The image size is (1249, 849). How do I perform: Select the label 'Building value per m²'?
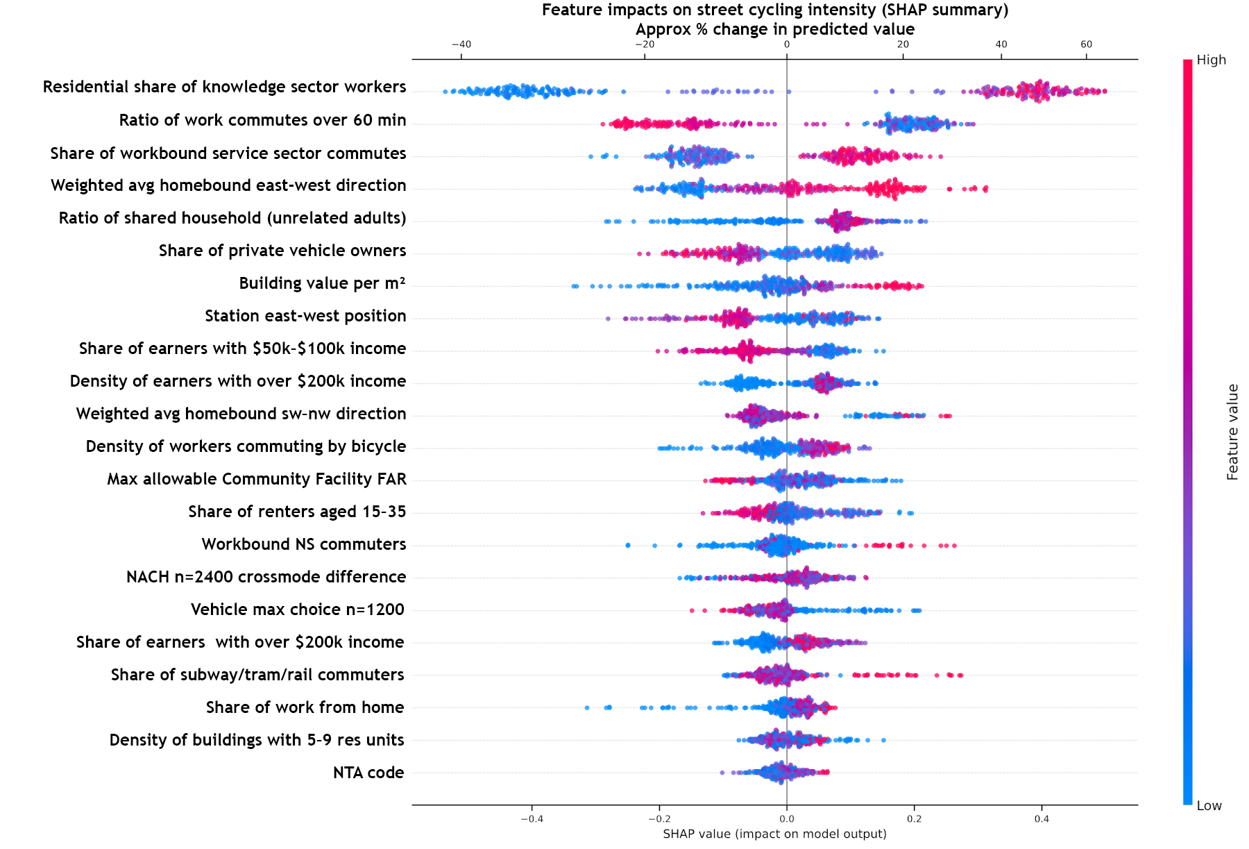pos(322,283)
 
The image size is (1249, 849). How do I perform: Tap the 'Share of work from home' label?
pos(305,707)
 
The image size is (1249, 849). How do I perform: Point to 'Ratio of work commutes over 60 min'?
pos(262,120)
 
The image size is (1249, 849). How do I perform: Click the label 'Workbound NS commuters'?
pos(304,544)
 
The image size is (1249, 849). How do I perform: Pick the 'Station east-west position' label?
pos(305,316)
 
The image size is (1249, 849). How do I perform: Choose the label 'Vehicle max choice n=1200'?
pos(297,610)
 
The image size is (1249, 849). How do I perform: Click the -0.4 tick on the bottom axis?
pos(532,818)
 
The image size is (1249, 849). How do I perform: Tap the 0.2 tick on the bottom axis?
pos(914,818)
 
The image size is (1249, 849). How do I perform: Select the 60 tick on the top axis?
pos(1086,44)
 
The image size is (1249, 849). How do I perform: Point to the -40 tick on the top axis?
pos(461,44)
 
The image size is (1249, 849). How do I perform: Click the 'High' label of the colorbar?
pos(1211,60)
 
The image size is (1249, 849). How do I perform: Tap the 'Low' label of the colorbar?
pos(1209,806)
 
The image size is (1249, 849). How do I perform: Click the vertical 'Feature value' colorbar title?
pos(1232,432)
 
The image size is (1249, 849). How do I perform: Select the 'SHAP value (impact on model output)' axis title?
pos(774,834)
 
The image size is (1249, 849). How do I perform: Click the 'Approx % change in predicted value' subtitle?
pos(774,29)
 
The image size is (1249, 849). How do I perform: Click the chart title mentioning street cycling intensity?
pos(774,10)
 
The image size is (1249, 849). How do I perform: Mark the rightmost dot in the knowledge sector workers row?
pos(1105,91)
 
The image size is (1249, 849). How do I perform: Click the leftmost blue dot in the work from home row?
pos(587,707)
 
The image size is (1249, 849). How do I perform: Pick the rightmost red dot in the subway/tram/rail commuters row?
pos(960,675)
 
